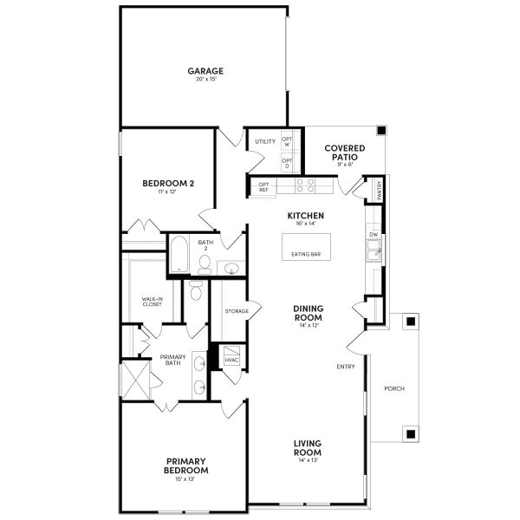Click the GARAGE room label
(x=206, y=71)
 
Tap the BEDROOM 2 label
(x=168, y=183)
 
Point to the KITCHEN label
(x=306, y=215)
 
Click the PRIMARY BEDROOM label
(x=186, y=465)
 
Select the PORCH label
(x=393, y=388)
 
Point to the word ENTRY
(x=346, y=367)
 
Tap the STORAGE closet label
(x=237, y=311)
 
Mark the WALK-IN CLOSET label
(x=153, y=302)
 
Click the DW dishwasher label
(x=374, y=235)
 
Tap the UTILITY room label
(x=265, y=141)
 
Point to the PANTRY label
(x=379, y=188)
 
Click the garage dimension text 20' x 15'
(x=206, y=81)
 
